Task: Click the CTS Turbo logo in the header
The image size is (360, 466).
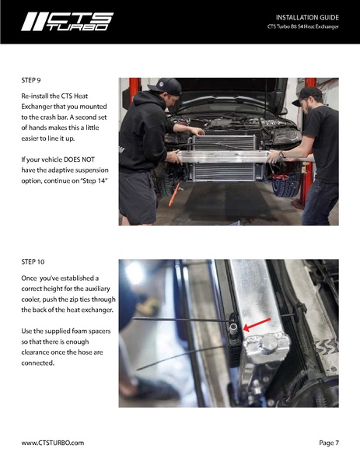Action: point(68,22)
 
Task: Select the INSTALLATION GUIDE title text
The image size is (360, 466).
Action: point(307,18)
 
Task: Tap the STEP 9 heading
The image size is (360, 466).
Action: point(31,80)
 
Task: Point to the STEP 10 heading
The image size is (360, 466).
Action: point(33,262)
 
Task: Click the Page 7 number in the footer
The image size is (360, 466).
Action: point(329,443)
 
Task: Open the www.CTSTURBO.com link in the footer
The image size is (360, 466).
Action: point(53,443)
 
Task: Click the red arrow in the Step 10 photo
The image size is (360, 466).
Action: point(257,324)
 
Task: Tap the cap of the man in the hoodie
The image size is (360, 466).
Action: point(165,86)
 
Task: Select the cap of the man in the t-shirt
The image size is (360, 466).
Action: point(307,96)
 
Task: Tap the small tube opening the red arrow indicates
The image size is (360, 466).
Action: point(233,328)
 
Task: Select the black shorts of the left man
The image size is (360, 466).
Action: point(138,197)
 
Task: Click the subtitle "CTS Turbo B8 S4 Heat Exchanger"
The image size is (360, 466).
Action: point(303,26)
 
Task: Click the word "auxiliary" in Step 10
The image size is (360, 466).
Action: point(97,289)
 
